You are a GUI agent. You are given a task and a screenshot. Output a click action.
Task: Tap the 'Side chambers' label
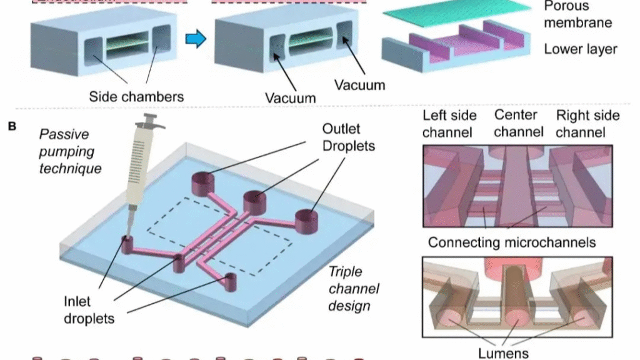pyautogui.click(x=136, y=96)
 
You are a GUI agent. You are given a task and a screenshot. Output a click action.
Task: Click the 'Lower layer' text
pyautogui.click(x=581, y=49)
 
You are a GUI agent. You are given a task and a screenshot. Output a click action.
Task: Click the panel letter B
pyautogui.click(x=12, y=127)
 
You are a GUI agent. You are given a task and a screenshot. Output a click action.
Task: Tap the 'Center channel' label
pyautogui.click(x=516, y=123)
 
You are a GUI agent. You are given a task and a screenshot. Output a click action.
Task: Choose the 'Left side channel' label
pyautogui.click(x=449, y=123)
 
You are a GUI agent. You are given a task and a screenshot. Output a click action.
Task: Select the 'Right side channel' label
pyautogui.click(x=587, y=123)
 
